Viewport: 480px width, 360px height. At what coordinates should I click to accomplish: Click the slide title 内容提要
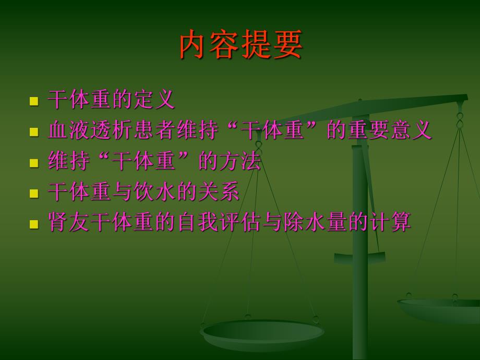click(241, 45)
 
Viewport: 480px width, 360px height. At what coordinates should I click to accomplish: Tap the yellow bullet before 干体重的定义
click(34, 101)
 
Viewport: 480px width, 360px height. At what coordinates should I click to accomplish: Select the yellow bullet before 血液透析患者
click(34, 131)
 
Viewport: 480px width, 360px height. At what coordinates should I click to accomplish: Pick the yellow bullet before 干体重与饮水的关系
click(34, 193)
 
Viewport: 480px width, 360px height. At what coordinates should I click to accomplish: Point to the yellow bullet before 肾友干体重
click(34, 224)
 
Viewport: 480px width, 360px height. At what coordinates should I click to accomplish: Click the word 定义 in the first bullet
click(154, 100)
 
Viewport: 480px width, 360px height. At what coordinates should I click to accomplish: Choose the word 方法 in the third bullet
click(241, 161)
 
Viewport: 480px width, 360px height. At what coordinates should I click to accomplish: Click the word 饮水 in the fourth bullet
click(154, 192)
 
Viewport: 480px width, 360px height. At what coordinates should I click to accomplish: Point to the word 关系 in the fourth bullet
click(219, 192)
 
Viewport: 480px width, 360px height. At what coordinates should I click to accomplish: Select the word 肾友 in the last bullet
click(69, 222)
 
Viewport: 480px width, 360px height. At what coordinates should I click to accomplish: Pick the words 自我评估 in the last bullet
click(219, 222)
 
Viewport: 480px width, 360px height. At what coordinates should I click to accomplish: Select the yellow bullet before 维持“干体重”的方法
click(34, 162)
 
